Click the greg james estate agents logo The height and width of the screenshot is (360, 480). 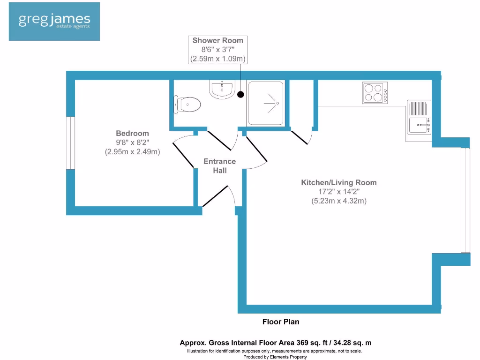(x=54, y=21)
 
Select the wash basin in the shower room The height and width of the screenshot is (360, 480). (x=222, y=89)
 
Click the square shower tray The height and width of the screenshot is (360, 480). (x=266, y=103)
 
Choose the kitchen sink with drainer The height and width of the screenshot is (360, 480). (x=419, y=120)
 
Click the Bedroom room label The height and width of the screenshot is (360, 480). (x=132, y=134)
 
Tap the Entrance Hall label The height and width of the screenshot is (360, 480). (x=219, y=166)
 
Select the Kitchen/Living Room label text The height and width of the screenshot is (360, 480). (x=338, y=182)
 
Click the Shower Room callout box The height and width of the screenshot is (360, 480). (x=218, y=50)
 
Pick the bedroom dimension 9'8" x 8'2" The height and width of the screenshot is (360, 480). (x=132, y=142)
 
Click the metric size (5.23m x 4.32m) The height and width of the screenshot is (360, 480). (x=338, y=201)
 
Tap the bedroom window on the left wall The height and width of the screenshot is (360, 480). (x=70, y=142)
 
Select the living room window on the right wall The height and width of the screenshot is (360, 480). (x=465, y=200)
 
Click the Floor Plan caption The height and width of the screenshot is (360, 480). (x=280, y=322)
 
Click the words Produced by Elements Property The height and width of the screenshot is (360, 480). (x=275, y=357)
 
